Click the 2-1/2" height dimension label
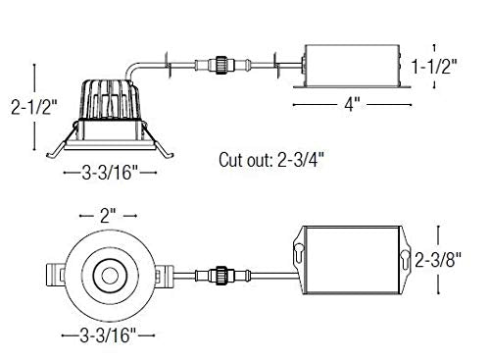pos(34,107)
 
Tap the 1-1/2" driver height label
pos(434,67)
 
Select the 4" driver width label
pos(352,105)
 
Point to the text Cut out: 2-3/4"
pos(271,160)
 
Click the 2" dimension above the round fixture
pos(108,216)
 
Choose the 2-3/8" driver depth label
pos(438,260)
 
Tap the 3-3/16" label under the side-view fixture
pos(111,173)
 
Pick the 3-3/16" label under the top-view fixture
pos(108,335)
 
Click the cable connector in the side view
pos(222,66)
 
